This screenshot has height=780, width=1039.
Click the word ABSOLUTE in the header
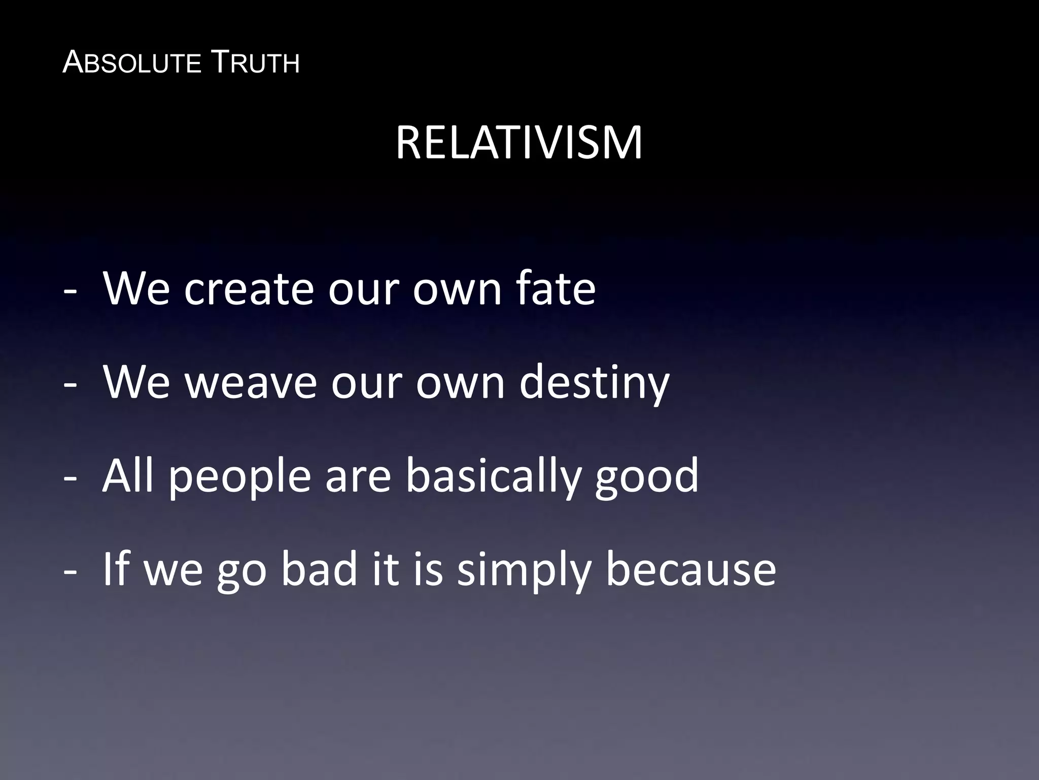click(132, 63)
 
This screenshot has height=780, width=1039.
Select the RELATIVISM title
click(519, 143)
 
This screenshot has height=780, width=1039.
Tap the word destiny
click(594, 383)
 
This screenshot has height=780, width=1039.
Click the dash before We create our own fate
click(71, 292)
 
